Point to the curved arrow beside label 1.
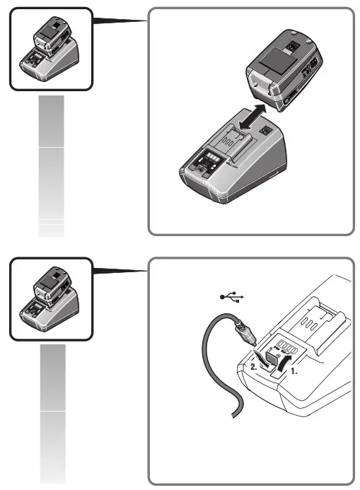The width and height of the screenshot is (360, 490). [286, 359]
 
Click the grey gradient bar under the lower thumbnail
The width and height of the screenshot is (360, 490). [52, 413]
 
